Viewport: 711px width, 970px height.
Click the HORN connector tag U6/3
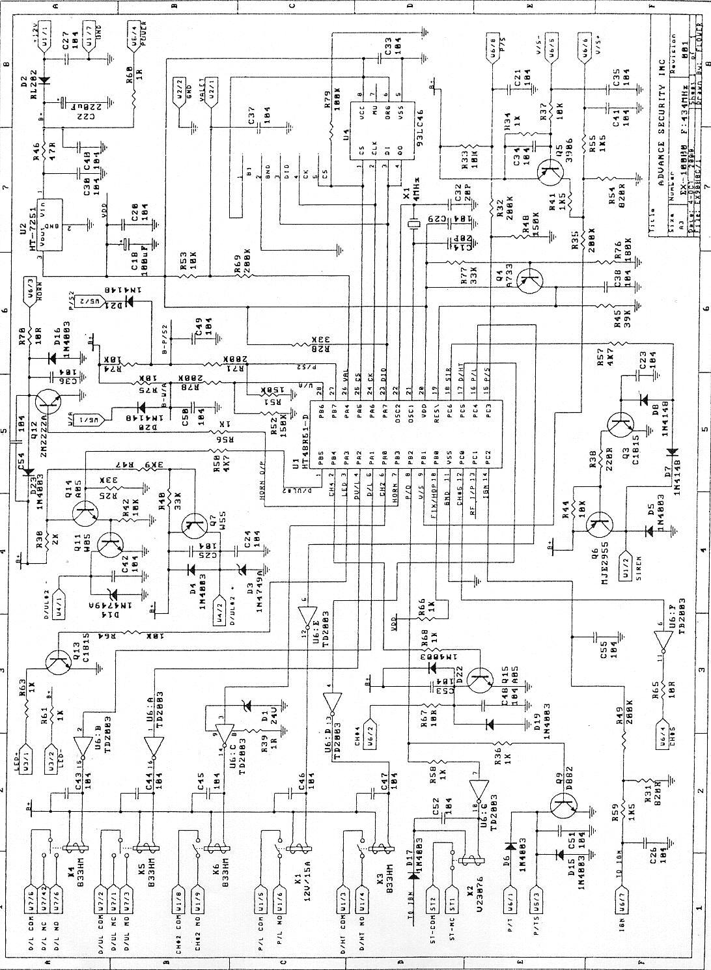(30, 294)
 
